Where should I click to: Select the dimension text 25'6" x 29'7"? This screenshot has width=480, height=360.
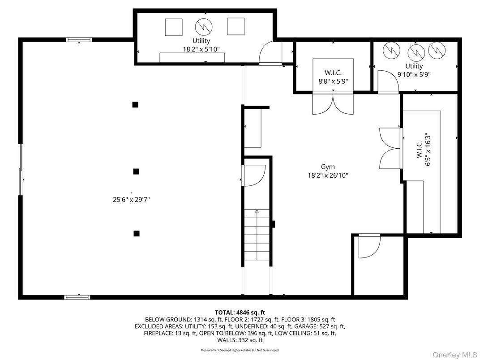point(131,200)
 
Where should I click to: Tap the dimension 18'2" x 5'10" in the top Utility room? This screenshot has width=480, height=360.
point(201,49)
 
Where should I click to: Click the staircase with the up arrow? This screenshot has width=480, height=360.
point(257,235)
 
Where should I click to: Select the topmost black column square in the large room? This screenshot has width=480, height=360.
point(135,105)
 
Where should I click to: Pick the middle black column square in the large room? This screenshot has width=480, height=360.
point(136,171)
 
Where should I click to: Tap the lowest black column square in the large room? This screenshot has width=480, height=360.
point(137,233)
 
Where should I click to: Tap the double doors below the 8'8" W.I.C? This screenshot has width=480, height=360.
point(333,103)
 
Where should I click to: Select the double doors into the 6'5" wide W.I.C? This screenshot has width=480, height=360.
point(390,148)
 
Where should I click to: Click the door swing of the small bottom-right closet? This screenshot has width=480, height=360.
point(369,246)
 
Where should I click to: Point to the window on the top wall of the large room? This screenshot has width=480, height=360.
point(79,40)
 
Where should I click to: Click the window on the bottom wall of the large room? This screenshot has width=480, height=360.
point(77,297)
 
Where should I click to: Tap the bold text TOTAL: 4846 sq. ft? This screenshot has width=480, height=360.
point(240,312)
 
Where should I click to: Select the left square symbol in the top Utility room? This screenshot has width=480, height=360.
point(174,27)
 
